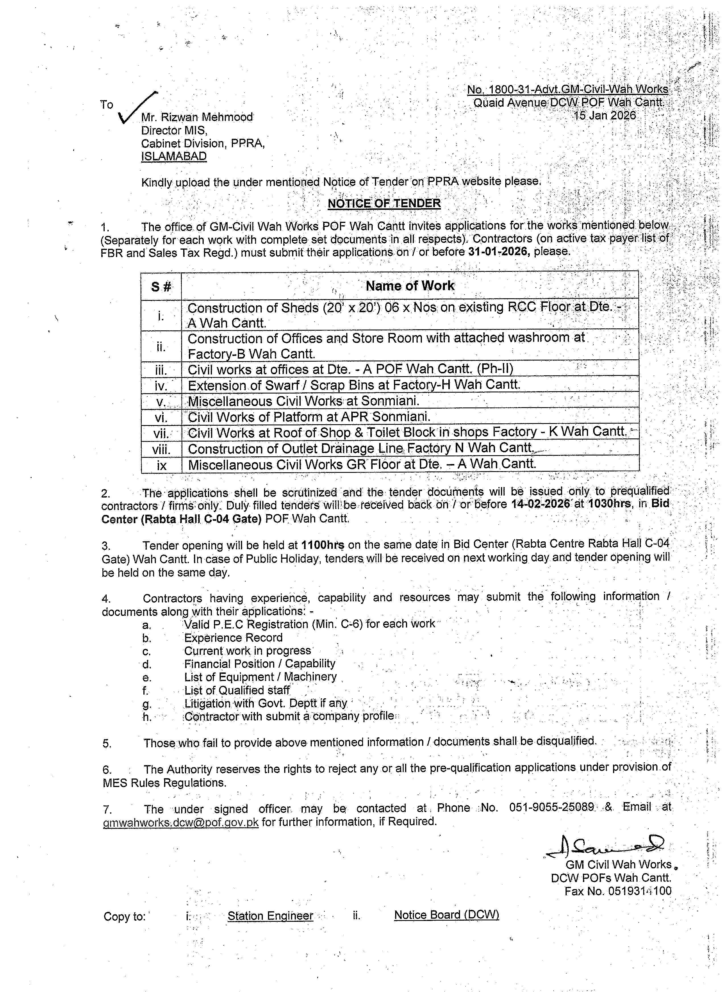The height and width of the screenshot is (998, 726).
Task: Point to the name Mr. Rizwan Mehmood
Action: click(197, 117)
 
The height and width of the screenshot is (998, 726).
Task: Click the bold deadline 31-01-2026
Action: click(498, 251)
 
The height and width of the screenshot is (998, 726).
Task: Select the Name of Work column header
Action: click(409, 286)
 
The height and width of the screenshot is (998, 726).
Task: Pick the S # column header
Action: click(161, 287)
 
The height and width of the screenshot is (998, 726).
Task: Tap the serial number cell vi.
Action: click(161, 417)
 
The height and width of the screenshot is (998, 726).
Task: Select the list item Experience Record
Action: click(233, 637)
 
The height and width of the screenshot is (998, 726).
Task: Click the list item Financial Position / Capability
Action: click(260, 664)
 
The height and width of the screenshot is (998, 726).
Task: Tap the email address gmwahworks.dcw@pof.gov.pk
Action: click(181, 821)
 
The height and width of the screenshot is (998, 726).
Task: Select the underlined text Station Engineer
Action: click(270, 916)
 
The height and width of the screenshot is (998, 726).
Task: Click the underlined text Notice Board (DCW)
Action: click(446, 915)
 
